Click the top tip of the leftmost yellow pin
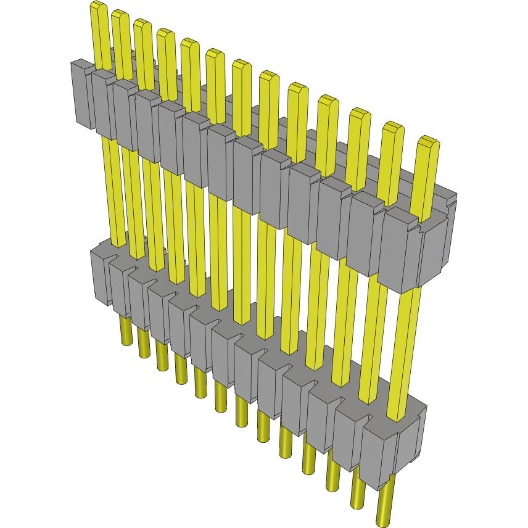98,7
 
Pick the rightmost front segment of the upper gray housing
397,250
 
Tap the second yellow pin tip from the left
120,17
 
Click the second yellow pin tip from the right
393,130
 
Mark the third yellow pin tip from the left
142,26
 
